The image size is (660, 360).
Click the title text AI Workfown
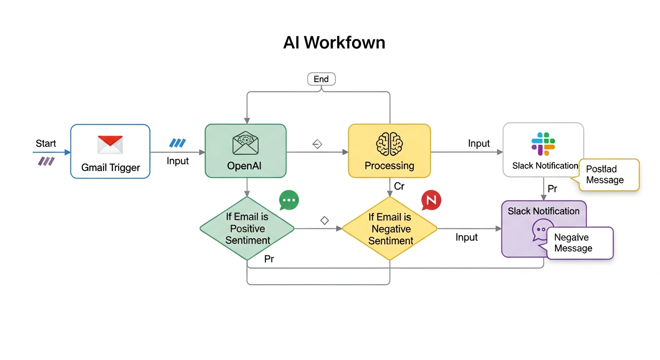point(334,43)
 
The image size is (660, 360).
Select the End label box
point(321,79)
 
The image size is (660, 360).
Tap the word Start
point(45,143)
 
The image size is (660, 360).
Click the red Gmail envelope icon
point(110,144)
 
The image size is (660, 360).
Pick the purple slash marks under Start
point(46,162)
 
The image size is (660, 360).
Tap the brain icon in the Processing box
point(389,143)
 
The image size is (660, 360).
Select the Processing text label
point(389,166)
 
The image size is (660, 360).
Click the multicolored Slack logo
point(543,144)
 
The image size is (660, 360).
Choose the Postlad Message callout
point(609,175)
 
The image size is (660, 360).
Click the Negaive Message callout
point(579,243)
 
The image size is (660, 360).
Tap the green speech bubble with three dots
point(289,200)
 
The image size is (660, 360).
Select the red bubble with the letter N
point(431,200)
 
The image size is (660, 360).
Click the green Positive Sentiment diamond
point(247,229)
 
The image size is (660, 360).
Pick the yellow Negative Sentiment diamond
point(390,229)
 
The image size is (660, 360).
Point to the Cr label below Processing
point(399,187)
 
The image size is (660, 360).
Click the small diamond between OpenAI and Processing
point(317,144)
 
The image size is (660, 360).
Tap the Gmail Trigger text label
point(110,167)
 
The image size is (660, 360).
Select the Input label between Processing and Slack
point(479,144)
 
